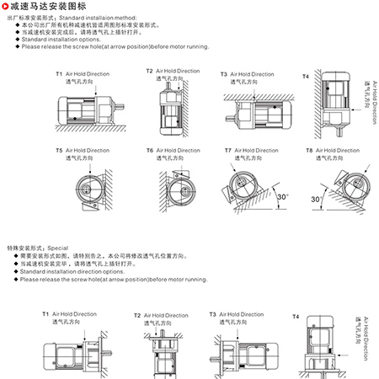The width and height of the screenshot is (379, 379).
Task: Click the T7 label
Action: click(x=228, y=151)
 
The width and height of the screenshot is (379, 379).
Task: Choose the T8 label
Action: click(x=309, y=151)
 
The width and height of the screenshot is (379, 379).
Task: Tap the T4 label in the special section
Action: click(x=296, y=317)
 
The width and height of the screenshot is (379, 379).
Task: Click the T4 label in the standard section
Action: click(x=306, y=77)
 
